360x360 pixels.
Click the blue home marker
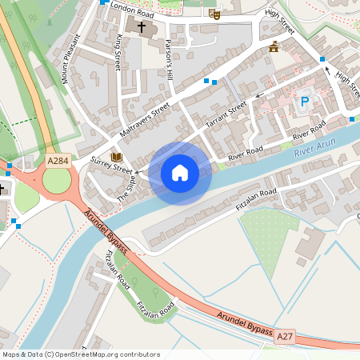(x=180, y=173)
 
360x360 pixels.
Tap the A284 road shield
(x=58, y=161)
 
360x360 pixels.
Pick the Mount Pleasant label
(x=71, y=58)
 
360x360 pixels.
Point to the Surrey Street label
(x=111, y=169)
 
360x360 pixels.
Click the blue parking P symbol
(x=304, y=102)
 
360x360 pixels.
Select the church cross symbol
(x=142, y=27)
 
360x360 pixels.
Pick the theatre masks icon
(x=214, y=14)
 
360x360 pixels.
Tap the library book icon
(x=117, y=157)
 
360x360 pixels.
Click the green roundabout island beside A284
(x=56, y=181)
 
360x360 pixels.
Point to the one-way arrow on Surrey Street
(x=138, y=171)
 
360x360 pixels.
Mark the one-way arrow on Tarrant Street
(x=258, y=97)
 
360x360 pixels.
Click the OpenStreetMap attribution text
(x=80, y=354)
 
